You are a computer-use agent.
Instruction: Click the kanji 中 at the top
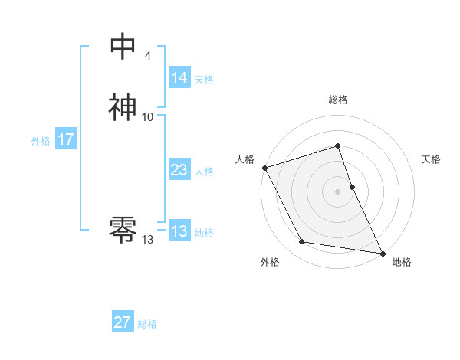pos(123,47)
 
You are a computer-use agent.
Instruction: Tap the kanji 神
pos(123,107)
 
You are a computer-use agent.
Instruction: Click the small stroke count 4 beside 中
pos(147,55)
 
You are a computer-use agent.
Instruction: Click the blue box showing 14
pos(179,78)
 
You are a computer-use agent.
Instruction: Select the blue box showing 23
pos(179,170)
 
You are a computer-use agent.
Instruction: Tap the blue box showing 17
pos(66,139)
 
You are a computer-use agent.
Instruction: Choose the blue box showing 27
pos(122,322)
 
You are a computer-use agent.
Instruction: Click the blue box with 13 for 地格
pos(179,231)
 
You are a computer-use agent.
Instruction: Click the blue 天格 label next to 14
pos(204,79)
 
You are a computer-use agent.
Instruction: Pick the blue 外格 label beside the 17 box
pos(41,140)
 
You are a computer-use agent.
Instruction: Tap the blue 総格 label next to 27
pos(147,323)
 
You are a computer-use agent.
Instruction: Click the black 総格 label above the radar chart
pos(337,100)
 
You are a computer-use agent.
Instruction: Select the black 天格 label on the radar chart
pos(431,159)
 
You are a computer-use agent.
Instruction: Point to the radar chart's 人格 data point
pos(264,167)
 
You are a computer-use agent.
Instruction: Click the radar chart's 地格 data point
pos(381,253)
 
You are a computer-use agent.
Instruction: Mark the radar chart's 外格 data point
pos(302,242)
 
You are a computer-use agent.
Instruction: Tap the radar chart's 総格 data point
pos(337,146)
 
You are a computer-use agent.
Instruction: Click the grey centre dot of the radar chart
pos(337,191)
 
